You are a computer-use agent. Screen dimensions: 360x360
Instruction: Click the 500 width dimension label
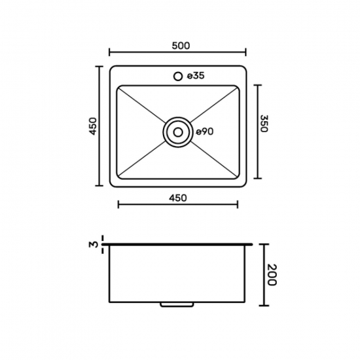coord(181,46)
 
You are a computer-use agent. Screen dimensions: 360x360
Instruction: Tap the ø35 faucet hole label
coord(196,76)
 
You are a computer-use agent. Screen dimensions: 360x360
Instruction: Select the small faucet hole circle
coord(178,76)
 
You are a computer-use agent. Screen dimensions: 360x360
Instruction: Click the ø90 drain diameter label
coord(205,132)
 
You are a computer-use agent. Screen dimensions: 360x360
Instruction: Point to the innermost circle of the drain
coord(178,132)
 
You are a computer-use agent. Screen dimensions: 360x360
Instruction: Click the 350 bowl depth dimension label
coord(264,124)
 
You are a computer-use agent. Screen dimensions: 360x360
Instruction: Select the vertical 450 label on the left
coord(93,126)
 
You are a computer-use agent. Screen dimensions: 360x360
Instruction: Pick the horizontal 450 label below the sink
coord(178,198)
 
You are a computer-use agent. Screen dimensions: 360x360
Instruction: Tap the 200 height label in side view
coord(272,275)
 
